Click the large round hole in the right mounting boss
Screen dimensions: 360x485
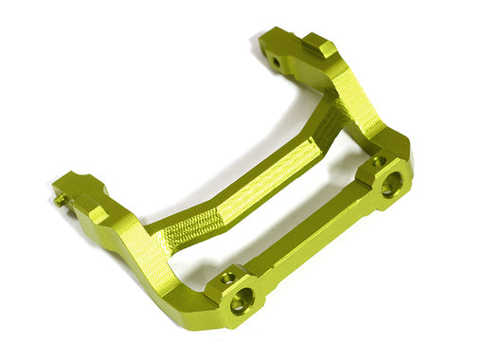388,186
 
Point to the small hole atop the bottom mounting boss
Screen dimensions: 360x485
228,279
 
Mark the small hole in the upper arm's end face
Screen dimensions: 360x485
275,63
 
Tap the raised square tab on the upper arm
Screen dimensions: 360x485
320,46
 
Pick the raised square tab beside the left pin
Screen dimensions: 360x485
97,215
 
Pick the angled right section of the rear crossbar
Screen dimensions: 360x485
317,137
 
